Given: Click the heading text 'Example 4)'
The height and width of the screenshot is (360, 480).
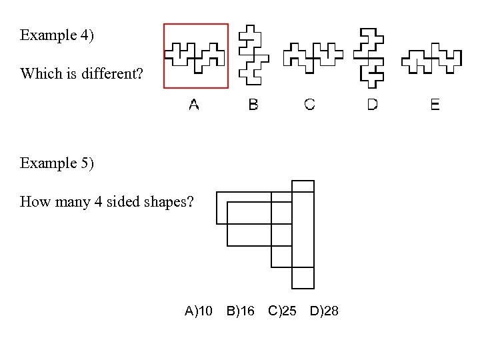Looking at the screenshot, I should tap(57, 35).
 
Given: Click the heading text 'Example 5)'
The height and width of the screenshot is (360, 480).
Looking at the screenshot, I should tap(57, 163).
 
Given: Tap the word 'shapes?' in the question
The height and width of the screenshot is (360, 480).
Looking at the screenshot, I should tap(169, 201).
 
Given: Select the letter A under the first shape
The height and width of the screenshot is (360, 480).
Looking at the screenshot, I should tap(194, 105).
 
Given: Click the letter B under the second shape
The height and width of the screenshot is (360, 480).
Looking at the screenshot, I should tap(253, 105).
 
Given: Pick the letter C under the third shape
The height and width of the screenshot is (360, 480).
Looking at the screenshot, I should tap(310, 105).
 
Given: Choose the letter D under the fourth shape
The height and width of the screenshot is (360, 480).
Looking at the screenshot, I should tap(372, 105).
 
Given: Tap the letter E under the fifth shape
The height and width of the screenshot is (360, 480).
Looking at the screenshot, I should tap(435, 105).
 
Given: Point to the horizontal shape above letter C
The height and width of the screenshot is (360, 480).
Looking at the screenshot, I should tap(312, 56).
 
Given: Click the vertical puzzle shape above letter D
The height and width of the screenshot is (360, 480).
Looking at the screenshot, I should tap(371, 57).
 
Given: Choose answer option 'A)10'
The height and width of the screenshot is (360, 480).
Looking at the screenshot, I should tap(199, 311).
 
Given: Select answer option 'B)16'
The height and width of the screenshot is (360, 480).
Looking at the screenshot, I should tap(240, 311).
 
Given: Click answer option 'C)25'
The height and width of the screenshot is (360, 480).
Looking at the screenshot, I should tap(282, 311).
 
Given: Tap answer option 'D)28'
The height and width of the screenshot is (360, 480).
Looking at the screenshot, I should tap(324, 311).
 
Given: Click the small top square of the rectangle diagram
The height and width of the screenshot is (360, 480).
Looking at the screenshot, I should tap(303, 186).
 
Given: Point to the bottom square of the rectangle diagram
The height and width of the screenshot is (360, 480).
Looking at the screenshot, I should tap(303, 277).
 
